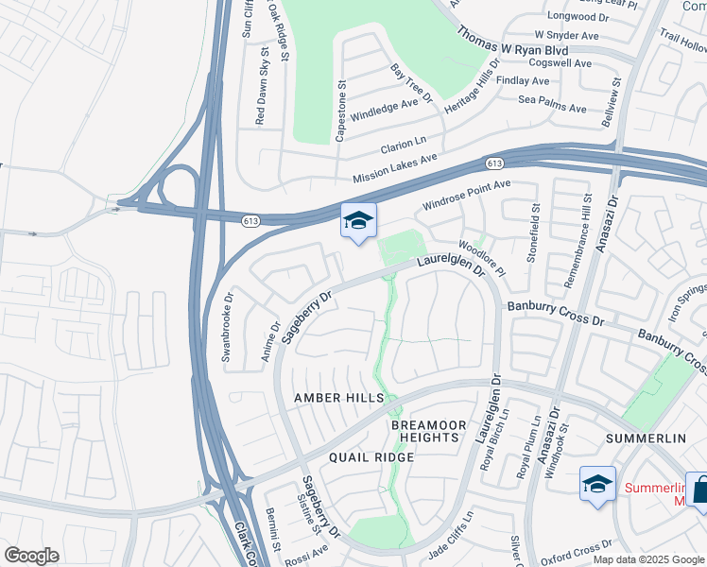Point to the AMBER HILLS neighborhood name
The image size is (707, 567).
(338, 399)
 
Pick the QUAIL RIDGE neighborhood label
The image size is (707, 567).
(371, 457)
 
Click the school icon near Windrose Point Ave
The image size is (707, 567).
(358, 221)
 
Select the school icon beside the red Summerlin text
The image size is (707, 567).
(597, 485)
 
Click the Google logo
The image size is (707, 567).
(31, 556)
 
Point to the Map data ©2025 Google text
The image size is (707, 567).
(649, 559)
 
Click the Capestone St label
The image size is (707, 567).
(342, 111)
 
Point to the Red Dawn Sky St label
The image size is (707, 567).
(261, 90)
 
